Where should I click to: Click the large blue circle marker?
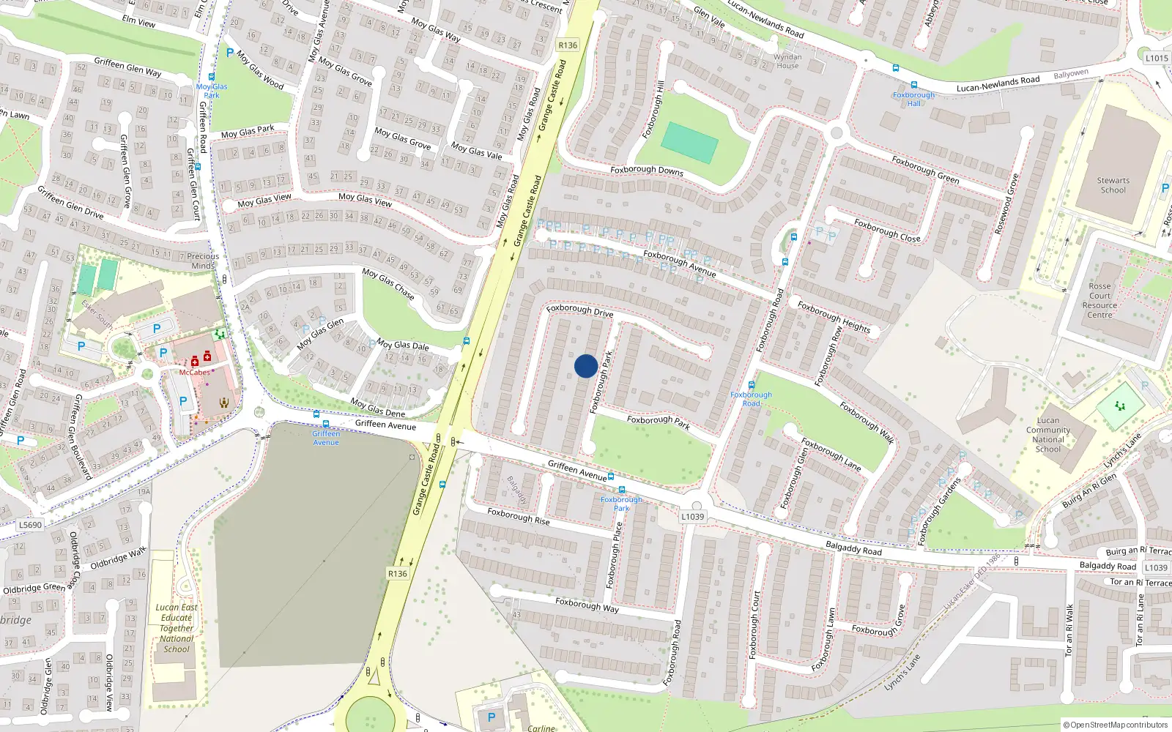coord(586,366)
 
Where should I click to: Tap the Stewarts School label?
coord(1113,185)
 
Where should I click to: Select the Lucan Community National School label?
coord(1047,435)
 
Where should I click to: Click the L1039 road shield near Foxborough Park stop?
coord(692,517)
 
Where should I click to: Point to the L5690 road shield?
coord(30,525)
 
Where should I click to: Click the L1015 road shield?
coord(1157,58)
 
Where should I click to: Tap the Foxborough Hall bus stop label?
coord(913,99)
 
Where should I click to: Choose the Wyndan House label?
coord(787,61)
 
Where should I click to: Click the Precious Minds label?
coord(203,261)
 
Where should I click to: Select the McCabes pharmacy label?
coord(194,373)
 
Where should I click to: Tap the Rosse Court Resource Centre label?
coord(1099,300)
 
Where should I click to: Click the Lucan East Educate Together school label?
coord(177,628)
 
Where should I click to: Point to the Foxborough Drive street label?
coord(579,310)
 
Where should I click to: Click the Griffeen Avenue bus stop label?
coord(326,438)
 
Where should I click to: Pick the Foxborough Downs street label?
coord(646,171)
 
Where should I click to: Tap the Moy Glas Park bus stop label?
coord(212,91)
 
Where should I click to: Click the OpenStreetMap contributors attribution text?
coord(1116,725)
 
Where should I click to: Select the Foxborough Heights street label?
coord(834,317)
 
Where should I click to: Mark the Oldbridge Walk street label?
coord(118,558)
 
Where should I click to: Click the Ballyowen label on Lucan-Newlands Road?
coord(1071,74)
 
